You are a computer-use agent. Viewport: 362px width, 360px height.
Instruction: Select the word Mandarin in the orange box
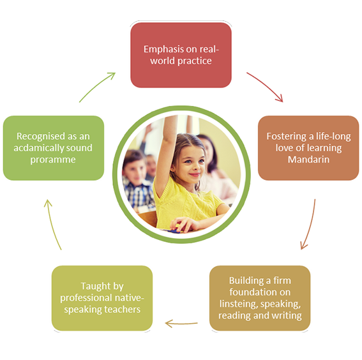click(x=308, y=160)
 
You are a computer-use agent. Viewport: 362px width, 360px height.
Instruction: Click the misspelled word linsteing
click(x=238, y=304)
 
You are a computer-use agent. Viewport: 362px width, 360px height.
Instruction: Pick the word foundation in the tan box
click(x=251, y=292)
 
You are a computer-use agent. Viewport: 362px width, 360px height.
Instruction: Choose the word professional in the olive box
click(x=86, y=298)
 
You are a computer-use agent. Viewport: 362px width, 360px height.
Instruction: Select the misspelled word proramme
click(x=53, y=160)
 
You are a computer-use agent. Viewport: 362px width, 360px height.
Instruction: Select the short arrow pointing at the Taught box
click(x=181, y=324)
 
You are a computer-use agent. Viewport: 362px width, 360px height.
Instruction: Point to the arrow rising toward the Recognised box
click(x=52, y=224)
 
